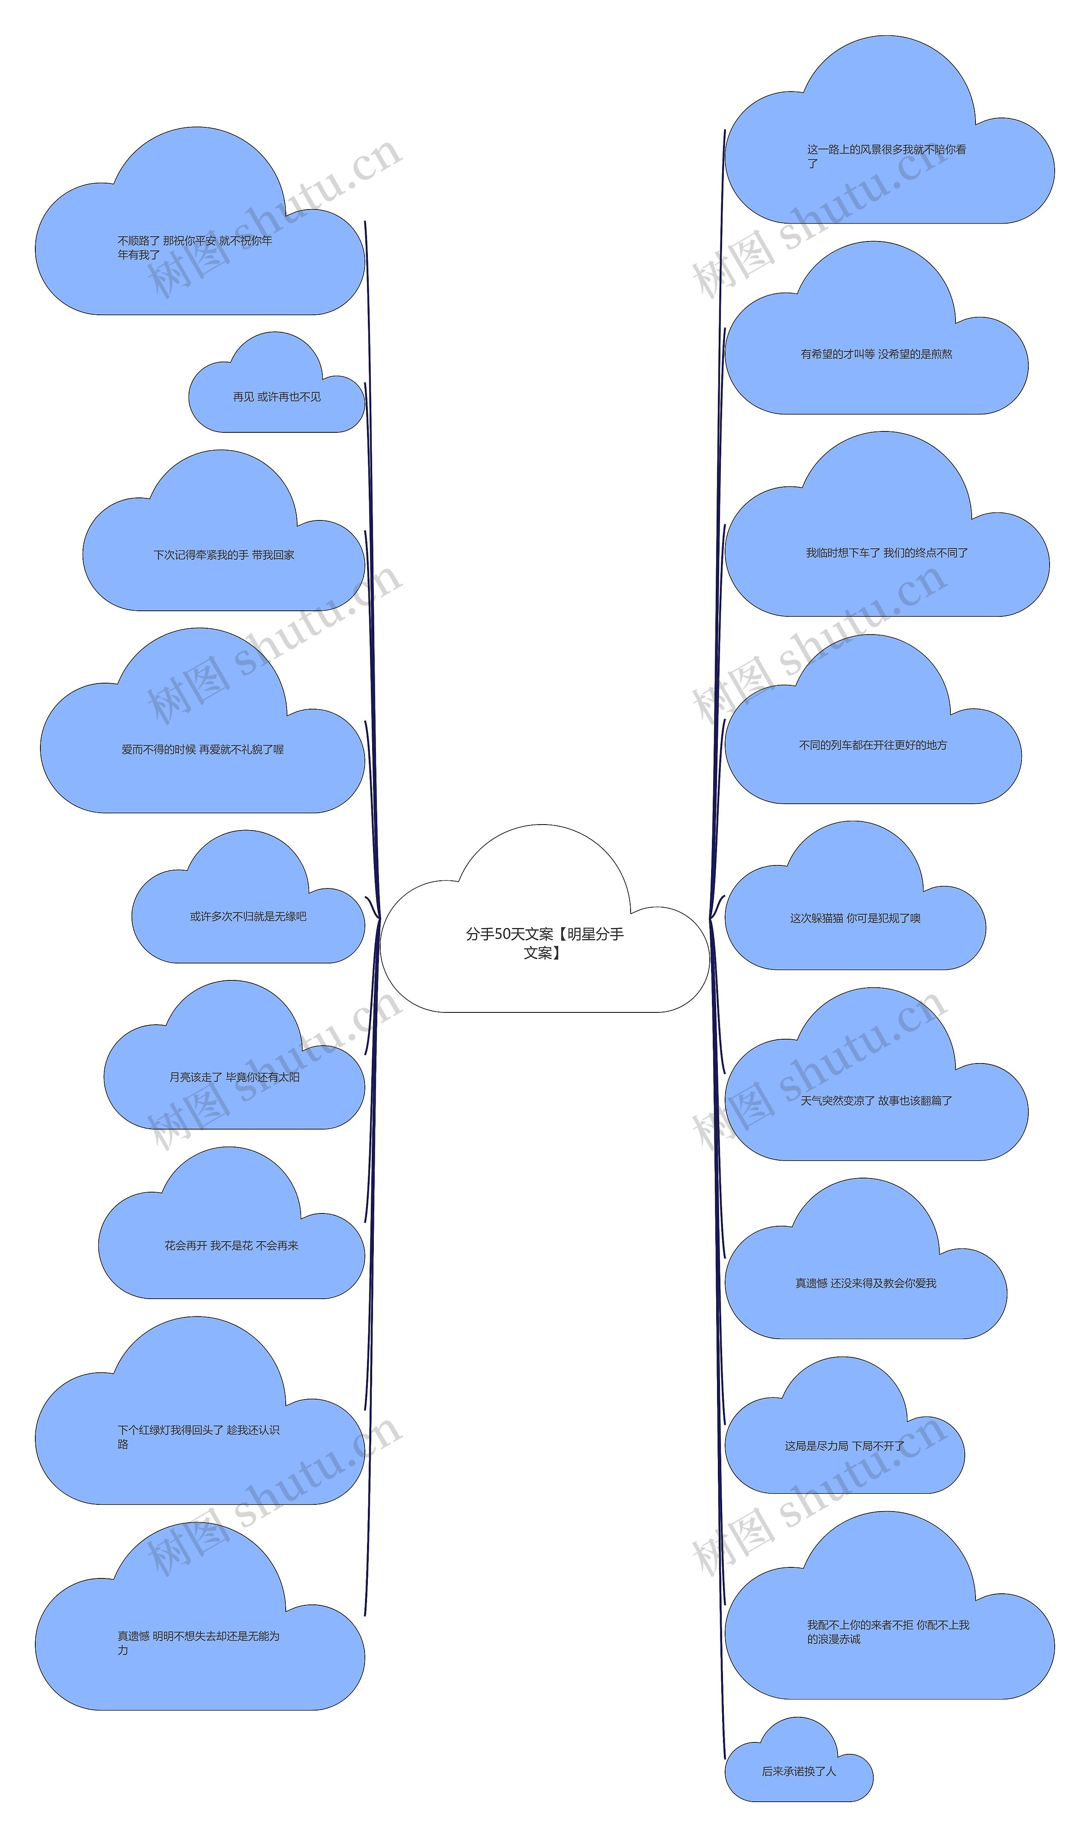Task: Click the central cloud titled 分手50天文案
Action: [x=544, y=943]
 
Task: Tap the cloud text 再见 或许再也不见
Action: [x=276, y=397]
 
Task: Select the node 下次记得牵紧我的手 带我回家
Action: [x=223, y=555]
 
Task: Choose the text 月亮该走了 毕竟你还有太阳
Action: [x=234, y=1078]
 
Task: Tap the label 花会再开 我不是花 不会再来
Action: [x=231, y=1246]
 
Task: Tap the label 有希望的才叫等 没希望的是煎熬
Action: [x=876, y=354]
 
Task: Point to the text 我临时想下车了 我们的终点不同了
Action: [x=886, y=553]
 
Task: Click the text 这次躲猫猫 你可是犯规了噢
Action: [x=855, y=918]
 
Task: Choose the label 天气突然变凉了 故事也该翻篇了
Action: [x=876, y=1101]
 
